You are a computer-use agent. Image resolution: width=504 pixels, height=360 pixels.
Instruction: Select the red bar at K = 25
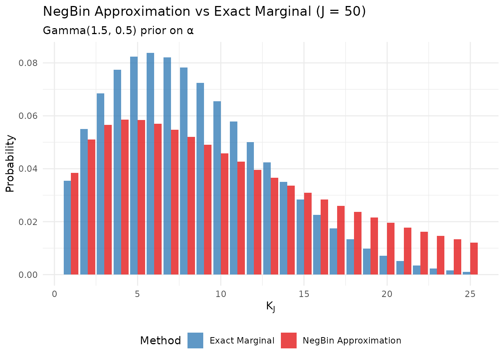click(x=474, y=259)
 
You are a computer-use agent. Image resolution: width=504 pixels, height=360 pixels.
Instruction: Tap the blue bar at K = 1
click(x=67, y=228)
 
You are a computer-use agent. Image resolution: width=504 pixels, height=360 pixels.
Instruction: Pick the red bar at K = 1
click(x=75, y=224)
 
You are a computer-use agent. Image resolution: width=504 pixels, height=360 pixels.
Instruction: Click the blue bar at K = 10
click(x=217, y=188)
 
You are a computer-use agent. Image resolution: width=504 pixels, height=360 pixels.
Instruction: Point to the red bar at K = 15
click(x=307, y=234)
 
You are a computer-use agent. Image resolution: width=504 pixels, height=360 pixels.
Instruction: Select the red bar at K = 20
click(x=391, y=249)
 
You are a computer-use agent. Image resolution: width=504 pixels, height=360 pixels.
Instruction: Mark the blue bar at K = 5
click(x=134, y=166)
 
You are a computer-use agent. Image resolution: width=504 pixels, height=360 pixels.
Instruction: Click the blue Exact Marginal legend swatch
click(x=195, y=340)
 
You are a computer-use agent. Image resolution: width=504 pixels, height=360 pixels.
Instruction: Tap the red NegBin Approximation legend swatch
click(x=288, y=340)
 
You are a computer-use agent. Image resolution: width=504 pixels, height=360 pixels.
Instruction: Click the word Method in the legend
click(x=160, y=340)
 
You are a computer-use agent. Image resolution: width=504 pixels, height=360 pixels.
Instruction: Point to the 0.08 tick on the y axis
click(x=28, y=63)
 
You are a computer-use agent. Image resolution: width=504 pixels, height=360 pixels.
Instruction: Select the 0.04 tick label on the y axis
click(x=28, y=169)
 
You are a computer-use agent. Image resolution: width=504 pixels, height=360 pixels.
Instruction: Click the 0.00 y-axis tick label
click(x=28, y=275)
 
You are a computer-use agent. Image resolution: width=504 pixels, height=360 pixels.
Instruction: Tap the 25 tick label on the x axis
click(x=470, y=294)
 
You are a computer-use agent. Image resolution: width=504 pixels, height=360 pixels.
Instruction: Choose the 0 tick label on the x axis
click(x=54, y=294)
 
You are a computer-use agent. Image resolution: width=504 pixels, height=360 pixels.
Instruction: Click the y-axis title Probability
click(x=10, y=163)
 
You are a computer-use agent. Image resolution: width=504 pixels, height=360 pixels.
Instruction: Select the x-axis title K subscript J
click(x=270, y=307)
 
